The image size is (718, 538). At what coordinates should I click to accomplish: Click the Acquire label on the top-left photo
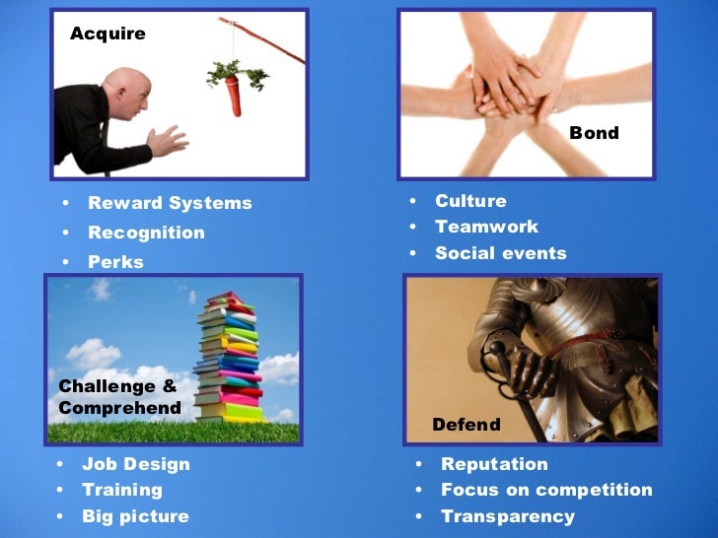pos(108,34)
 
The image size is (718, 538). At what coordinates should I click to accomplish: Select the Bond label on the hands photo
pos(594,133)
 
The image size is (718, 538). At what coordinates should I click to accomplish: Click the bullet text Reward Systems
pos(170,204)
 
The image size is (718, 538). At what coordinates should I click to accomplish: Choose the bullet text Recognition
pos(146,234)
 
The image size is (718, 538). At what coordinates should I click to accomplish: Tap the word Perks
pos(115,263)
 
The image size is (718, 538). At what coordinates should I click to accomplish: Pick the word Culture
pos(470,202)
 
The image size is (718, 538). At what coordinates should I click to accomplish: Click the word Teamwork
pos(486,228)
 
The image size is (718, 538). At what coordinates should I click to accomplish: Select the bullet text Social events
pos(501,254)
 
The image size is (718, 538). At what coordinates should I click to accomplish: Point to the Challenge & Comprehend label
pos(119,397)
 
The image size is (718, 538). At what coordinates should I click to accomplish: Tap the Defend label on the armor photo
pos(467,426)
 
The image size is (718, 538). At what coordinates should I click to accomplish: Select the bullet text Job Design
pos(136,464)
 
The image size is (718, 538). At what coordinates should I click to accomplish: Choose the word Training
pos(122,491)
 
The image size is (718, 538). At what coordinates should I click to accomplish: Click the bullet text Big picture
pos(135,517)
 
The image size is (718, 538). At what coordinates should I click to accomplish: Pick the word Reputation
pos(494,464)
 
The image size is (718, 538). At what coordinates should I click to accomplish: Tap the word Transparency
pos(507,517)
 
